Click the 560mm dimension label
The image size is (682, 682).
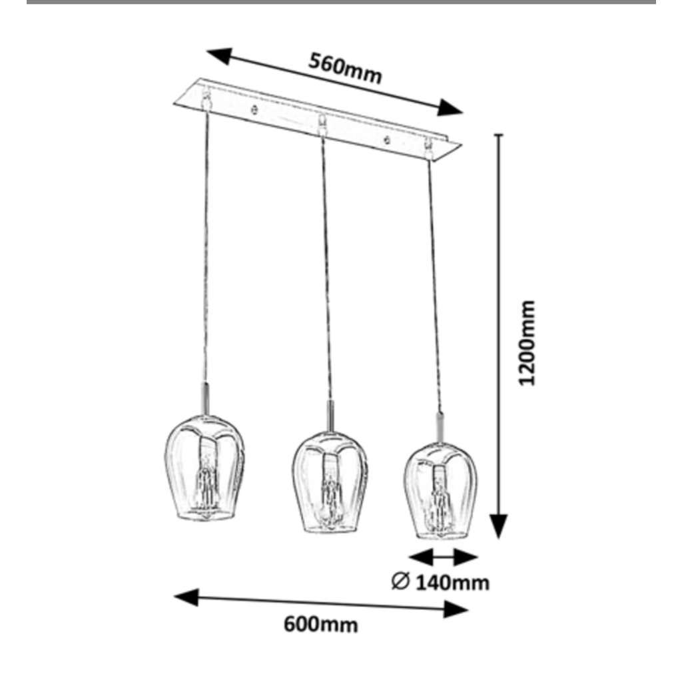click(x=345, y=69)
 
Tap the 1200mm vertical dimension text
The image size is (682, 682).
click(x=527, y=342)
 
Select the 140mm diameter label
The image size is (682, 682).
click(x=453, y=583)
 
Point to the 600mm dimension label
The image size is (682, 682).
click(x=320, y=625)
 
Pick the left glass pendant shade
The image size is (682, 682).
click(x=204, y=469)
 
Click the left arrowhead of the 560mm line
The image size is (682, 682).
click(x=219, y=57)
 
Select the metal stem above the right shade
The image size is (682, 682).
click(x=440, y=426)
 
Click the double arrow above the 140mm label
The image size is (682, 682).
click(x=443, y=557)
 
